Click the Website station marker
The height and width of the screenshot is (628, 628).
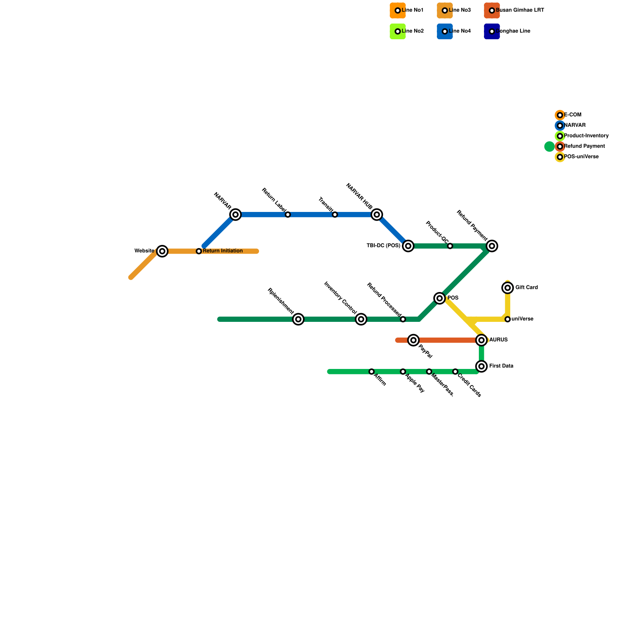click(x=162, y=251)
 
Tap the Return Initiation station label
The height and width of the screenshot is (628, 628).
click(x=223, y=251)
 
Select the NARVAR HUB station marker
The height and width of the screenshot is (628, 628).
click(x=377, y=214)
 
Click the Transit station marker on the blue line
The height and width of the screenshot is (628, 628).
click(x=335, y=215)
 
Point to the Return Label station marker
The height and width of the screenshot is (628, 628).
click(x=288, y=215)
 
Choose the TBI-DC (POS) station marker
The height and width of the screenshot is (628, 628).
click(x=408, y=246)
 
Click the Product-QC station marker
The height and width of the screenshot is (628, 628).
click(x=450, y=246)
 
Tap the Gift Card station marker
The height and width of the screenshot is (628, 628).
click(x=508, y=288)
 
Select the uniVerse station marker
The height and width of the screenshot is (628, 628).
click(x=508, y=319)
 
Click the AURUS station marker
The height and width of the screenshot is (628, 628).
click(x=482, y=340)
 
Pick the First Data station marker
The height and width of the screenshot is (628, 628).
click(x=482, y=366)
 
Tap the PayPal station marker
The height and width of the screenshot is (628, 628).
click(x=413, y=340)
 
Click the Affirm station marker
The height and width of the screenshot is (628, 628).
click(x=372, y=372)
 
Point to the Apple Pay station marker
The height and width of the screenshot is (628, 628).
click(x=403, y=372)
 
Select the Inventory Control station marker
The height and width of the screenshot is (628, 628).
click(x=361, y=319)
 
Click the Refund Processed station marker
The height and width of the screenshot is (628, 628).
click(x=403, y=319)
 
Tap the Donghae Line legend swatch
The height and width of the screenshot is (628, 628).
click(x=492, y=31)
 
